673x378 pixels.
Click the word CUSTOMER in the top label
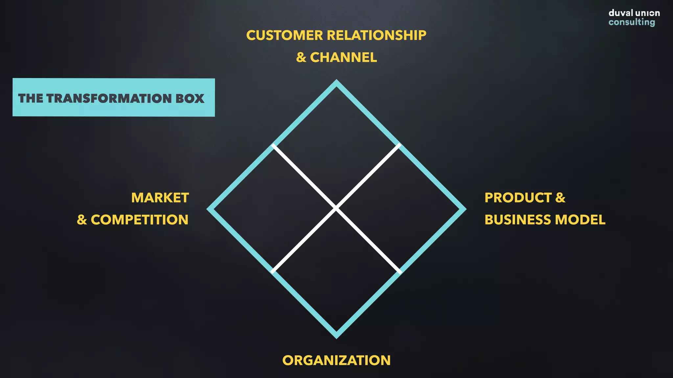[285, 35]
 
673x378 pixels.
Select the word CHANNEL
[343, 57]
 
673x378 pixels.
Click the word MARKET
[160, 198]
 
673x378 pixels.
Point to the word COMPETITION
[139, 220]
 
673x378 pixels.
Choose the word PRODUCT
[518, 198]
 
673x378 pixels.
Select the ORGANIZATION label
[336, 360]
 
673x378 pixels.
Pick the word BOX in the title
[190, 98]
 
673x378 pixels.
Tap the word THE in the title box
[31, 98]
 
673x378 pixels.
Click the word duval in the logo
[621, 13]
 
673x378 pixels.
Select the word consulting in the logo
[632, 22]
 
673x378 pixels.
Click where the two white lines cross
[336, 208]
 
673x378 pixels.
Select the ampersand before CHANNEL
[301, 57]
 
